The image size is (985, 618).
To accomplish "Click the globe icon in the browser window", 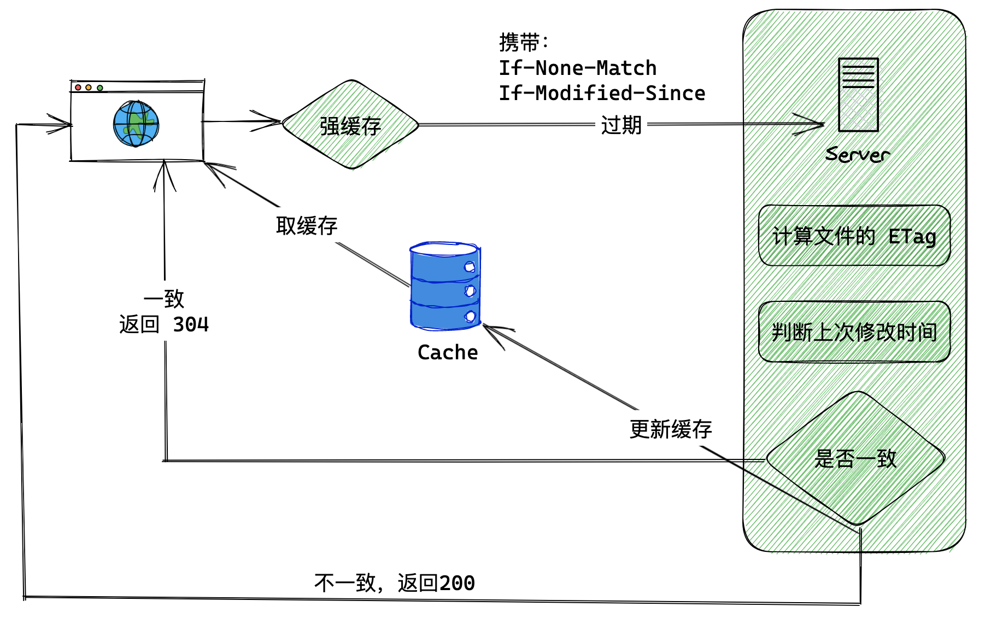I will click(x=136, y=124).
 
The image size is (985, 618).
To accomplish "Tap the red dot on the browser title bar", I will click(x=78, y=88).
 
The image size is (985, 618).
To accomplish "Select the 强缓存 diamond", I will click(x=350, y=125).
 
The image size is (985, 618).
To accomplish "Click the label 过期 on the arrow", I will click(x=621, y=125).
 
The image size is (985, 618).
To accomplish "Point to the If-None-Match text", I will click(x=577, y=68).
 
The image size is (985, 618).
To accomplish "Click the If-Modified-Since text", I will click(x=602, y=94).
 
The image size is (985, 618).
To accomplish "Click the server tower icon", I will click(x=858, y=95).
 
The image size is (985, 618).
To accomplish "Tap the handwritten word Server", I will click(x=857, y=155).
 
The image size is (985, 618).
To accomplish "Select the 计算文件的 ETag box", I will click(x=854, y=236).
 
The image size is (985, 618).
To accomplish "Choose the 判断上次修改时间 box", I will click(x=854, y=332).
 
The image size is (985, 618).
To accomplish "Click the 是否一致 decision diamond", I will click(x=855, y=458).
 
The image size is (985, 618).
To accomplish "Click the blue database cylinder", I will click(x=445, y=286).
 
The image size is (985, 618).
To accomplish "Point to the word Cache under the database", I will click(x=448, y=353).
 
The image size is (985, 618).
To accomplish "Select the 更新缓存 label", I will click(x=671, y=429).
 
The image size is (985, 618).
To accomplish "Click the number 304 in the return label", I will click(x=191, y=325).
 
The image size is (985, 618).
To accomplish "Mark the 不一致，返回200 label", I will click(x=395, y=583).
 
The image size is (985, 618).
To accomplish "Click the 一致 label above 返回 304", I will click(x=164, y=299).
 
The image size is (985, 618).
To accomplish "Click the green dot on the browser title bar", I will click(x=100, y=88).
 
